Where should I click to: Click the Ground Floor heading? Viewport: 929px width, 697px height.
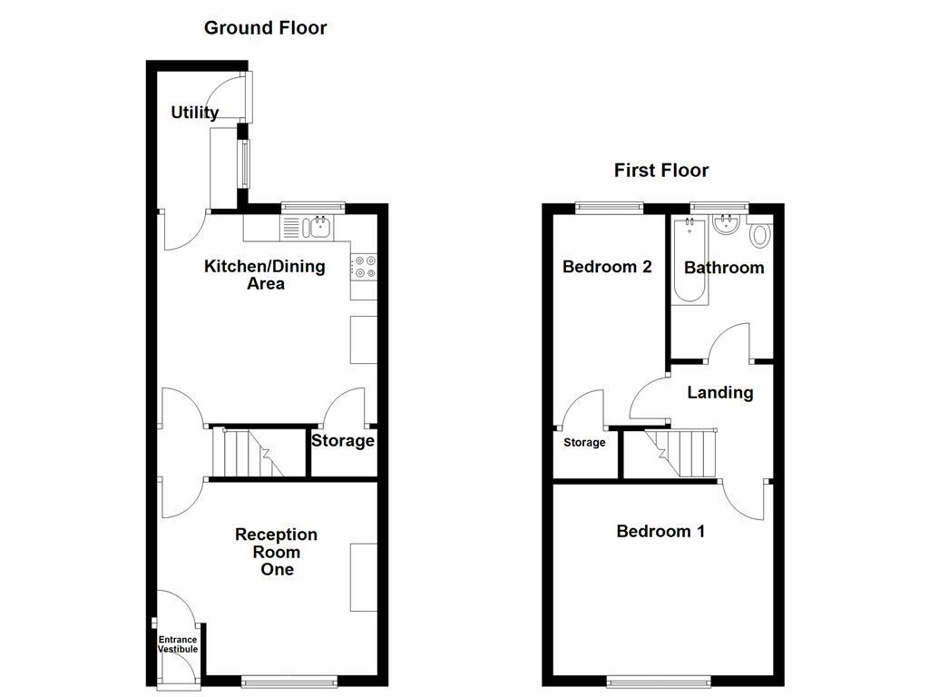pyautogui.click(x=265, y=27)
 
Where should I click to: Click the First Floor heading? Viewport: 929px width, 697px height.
pyautogui.click(x=660, y=170)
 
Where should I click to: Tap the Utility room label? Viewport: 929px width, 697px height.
pyautogui.click(x=195, y=113)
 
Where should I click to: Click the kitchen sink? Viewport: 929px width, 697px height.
pyautogui.click(x=316, y=227)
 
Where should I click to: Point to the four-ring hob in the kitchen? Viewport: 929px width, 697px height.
pyautogui.click(x=364, y=265)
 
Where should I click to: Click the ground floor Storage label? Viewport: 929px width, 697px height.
pyautogui.click(x=343, y=441)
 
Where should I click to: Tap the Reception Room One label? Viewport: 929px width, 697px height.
pyautogui.click(x=277, y=552)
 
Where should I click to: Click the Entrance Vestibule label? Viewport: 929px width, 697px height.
pyautogui.click(x=178, y=644)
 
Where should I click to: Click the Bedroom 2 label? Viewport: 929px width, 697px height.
pyautogui.click(x=607, y=267)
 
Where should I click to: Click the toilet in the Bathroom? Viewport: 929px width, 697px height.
pyautogui.click(x=759, y=235)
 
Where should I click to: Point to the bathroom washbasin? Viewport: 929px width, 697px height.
pyautogui.click(x=727, y=224)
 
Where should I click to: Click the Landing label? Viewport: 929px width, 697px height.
pyautogui.click(x=719, y=392)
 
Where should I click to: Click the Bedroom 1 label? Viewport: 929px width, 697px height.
pyautogui.click(x=660, y=531)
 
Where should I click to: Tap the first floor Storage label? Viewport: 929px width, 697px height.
pyautogui.click(x=584, y=443)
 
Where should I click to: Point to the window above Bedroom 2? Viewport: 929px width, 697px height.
pyautogui.click(x=609, y=208)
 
